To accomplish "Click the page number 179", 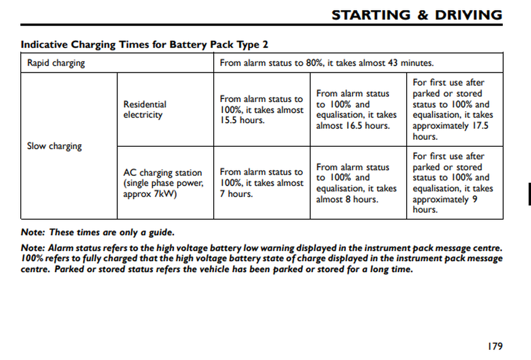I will (494, 346).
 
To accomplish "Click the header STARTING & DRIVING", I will (417, 15).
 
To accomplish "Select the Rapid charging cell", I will (56, 63).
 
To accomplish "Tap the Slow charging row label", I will (54, 146).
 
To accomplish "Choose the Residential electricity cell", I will (145, 110).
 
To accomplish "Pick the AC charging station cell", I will (163, 183).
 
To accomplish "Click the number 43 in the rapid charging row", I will (392, 63).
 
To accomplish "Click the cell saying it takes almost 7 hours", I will (261, 183).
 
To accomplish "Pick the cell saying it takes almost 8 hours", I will (356, 183).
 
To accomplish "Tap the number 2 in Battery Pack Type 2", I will (272, 45).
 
